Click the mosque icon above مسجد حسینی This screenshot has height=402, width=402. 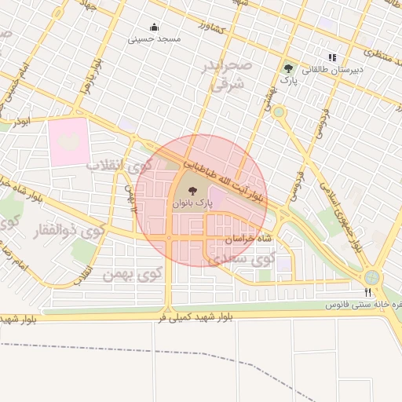coord(154,27)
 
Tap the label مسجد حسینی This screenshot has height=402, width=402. coord(155,38)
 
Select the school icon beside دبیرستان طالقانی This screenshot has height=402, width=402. coord(332,57)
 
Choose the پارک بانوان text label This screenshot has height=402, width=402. coord(193,203)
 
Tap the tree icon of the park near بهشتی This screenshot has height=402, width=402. coord(290,68)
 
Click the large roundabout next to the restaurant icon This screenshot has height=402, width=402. coord(371,276)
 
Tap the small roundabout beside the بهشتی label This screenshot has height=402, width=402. coord(280,111)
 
